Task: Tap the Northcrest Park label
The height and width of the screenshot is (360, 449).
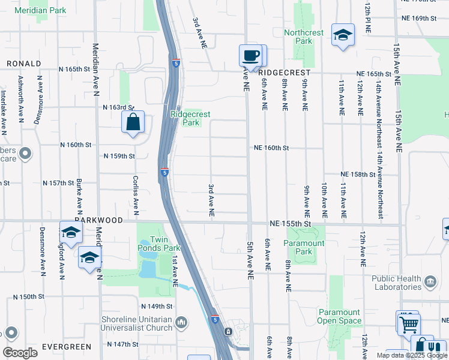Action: (x=304, y=37)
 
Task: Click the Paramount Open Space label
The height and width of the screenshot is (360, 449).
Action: (x=339, y=316)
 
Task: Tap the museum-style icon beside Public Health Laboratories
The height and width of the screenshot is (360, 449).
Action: (x=430, y=281)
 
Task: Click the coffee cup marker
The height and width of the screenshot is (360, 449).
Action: (x=251, y=56)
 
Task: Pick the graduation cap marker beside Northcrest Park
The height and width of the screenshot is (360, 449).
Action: (x=343, y=35)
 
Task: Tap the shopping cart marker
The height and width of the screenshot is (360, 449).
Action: (x=408, y=324)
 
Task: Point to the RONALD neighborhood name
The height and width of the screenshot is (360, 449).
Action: (x=24, y=64)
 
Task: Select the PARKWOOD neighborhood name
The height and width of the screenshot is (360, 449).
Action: (x=98, y=221)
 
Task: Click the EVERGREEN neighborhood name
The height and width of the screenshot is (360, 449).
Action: (x=66, y=347)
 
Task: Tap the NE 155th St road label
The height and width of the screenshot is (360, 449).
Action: (x=291, y=223)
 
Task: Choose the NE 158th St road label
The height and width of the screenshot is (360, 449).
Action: (x=357, y=175)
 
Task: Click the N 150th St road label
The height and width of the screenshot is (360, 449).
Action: (x=29, y=297)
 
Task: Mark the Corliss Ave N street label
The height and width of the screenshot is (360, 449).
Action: (x=137, y=196)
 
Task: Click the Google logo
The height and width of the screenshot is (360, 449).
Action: (x=20, y=352)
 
